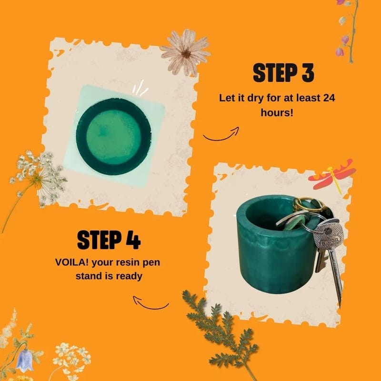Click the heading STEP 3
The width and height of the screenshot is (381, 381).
[x=283, y=73]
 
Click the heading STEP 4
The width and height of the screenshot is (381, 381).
[x=109, y=240]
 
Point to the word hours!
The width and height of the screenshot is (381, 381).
[x=277, y=112]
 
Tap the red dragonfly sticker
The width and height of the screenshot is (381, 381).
[x=332, y=174]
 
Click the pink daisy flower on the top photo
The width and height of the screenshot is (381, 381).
[x=185, y=53]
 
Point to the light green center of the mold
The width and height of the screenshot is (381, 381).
[x=114, y=136]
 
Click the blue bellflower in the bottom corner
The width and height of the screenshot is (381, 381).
[x=25, y=361]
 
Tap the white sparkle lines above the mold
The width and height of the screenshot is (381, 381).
[x=140, y=88]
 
